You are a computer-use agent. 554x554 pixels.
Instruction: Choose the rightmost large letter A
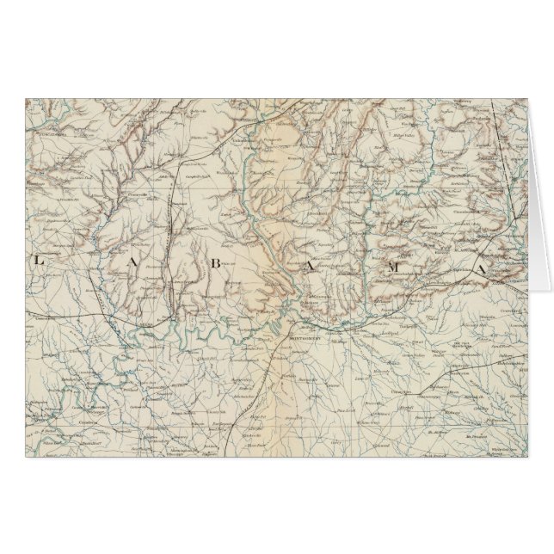pos(483,270)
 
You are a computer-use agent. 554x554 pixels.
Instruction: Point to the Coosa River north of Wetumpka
pos(284,249)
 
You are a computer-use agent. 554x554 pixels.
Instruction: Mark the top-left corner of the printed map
pos(25,97)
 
